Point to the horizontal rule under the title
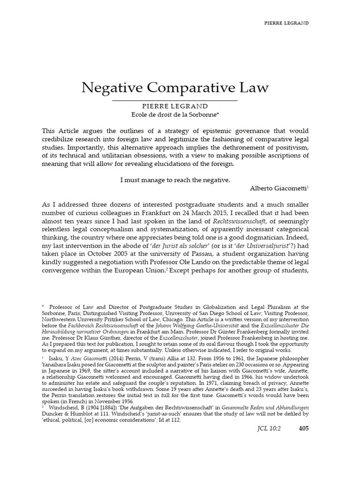click(175, 100)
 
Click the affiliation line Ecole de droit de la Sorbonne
click(175, 115)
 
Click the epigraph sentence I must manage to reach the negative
click(175, 180)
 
